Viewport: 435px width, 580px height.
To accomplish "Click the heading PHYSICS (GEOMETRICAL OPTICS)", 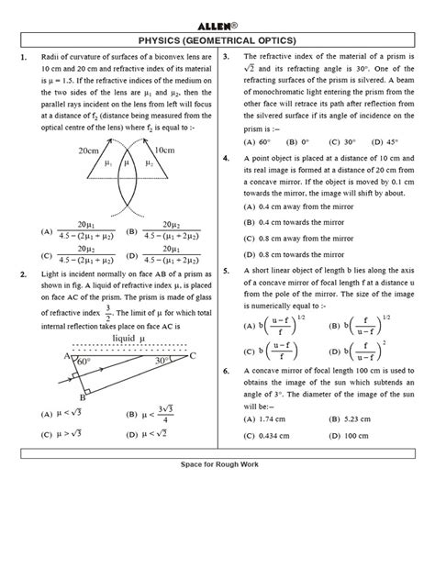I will pyautogui.click(x=217, y=40).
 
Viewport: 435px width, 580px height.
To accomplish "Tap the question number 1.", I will pyautogui.click(x=23, y=58).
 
